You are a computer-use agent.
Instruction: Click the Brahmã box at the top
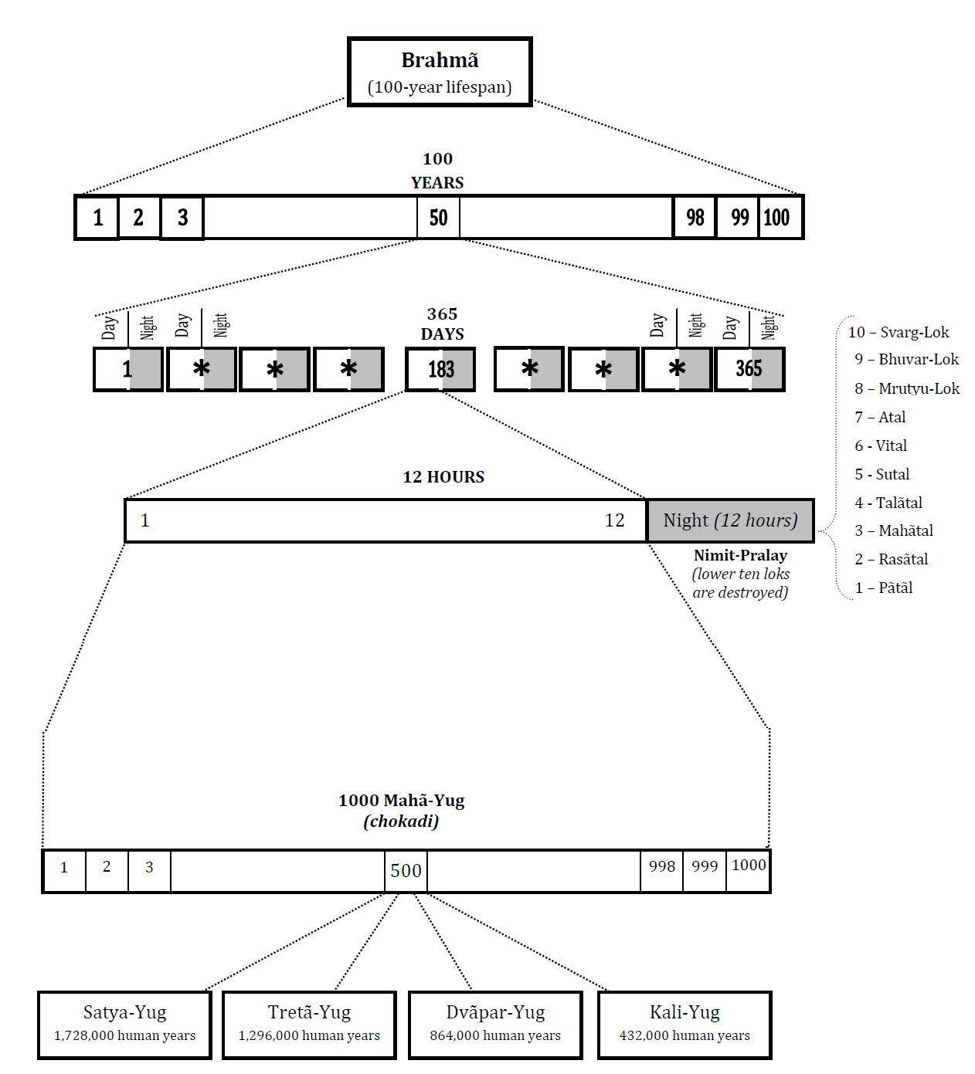[440, 72]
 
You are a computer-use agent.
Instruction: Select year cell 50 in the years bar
[438, 218]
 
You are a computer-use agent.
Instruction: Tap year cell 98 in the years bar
[695, 218]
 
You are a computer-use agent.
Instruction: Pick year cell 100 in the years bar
[779, 218]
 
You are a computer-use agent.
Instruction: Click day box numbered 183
[440, 369]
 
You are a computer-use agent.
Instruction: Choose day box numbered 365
[749, 369]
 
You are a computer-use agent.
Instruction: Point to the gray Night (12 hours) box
[730, 520]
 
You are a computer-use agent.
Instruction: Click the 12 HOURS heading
[443, 477]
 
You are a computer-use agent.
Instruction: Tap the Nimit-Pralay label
[740, 555]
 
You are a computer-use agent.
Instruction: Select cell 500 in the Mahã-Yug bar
[406, 871]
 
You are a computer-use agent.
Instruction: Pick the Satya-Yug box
[124, 1024]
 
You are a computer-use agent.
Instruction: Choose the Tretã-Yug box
[309, 1024]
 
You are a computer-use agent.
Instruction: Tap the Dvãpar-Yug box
[495, 1024]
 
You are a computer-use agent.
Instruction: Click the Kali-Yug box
[685, 1024]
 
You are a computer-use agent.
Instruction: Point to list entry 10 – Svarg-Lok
[899, 333]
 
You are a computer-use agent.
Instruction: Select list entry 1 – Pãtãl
[884, 588]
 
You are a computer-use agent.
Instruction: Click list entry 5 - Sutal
[882, 474]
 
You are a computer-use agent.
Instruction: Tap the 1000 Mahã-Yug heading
[401, 801]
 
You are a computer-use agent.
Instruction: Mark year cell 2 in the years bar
[139, 218]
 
